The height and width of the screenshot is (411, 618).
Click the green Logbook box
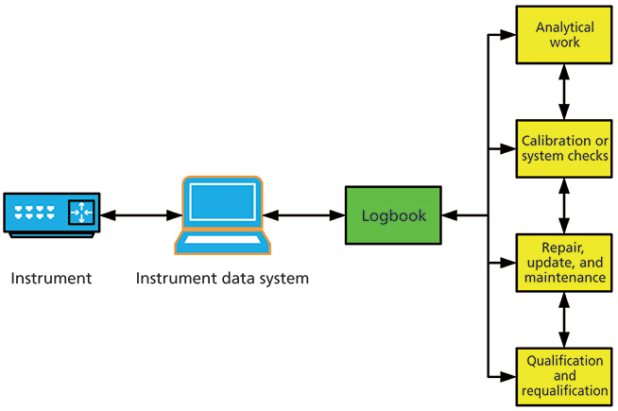pos(393,216)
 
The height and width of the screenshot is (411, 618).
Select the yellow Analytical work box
pos(564,35)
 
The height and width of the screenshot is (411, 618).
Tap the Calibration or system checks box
pos(564,148)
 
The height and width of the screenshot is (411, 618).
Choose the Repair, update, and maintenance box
pos(564,262)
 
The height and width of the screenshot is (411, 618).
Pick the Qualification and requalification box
pos(564,375)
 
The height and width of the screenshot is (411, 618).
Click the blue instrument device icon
pos(50,214)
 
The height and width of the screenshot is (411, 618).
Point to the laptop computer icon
pos(221,215)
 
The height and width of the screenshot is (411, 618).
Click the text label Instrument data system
pos(222,279)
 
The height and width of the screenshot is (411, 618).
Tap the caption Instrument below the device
pos(51,279)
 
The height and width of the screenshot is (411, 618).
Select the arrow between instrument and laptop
pos(135,216)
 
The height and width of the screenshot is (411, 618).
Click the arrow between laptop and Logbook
pos(304,216)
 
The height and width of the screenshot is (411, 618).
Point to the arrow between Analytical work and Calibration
pos(564,92)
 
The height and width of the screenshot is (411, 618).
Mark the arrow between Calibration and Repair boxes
pos(564,205)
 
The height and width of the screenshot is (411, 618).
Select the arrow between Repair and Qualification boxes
pos(564,318)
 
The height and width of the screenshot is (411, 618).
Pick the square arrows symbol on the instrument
pos(81,213)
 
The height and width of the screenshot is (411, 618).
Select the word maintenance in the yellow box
pos(564,278)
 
